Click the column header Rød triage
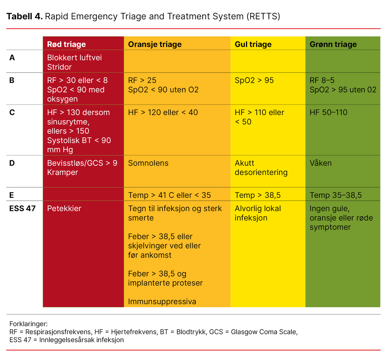[66, 44]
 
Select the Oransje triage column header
[155, 44]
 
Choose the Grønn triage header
[333, 44]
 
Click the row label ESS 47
[22, 208]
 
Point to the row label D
[12, 163]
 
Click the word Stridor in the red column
[59, 67]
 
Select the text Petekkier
[64, 208]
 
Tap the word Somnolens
[148, 163]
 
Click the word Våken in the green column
[320, 163]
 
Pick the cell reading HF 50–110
[328, 112]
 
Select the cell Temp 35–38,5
[336, 195]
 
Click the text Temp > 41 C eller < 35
[169, 195]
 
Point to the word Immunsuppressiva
[162, 301]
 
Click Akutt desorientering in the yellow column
[261, 168]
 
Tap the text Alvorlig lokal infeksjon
[257, 213]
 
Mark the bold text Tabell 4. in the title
[25, 16]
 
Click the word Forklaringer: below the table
[28, 324]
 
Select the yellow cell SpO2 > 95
[254, 80]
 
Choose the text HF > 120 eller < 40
[163, 112]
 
